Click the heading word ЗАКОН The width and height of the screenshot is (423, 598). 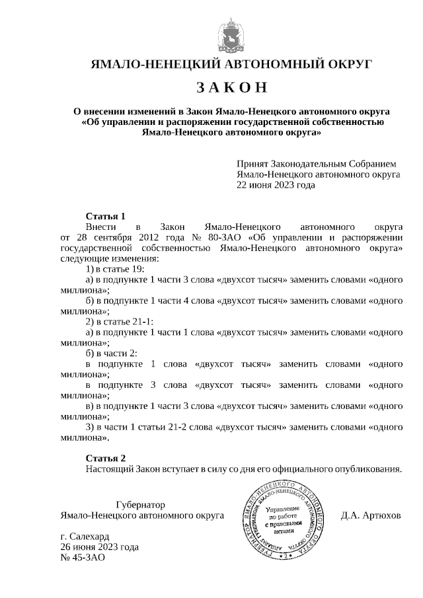(231, 88)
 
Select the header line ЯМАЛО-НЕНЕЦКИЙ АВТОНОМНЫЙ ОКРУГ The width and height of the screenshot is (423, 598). (231, 64)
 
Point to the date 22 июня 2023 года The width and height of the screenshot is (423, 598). (276, 185)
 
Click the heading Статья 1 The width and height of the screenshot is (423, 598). (105, 216)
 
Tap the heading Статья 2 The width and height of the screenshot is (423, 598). (105, 458)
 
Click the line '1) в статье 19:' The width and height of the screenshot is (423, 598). (115, 269)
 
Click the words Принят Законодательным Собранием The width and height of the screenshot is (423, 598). (316, 164)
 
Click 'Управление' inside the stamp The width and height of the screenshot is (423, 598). (282, 509)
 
